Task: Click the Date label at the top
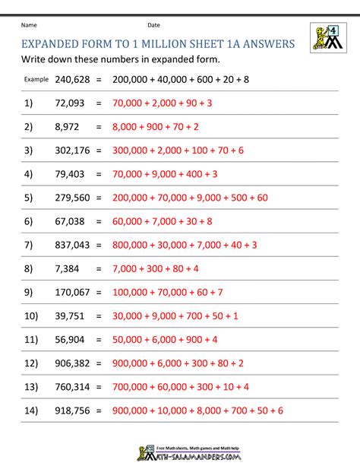154,25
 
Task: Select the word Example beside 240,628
36,78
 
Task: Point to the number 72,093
73,102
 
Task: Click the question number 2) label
29,126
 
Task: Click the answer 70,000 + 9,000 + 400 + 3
165,173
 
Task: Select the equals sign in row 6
98,221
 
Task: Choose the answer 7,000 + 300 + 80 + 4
155,268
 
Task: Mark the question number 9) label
29,292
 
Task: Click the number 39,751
73,315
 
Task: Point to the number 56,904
73,340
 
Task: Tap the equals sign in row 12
98,363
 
